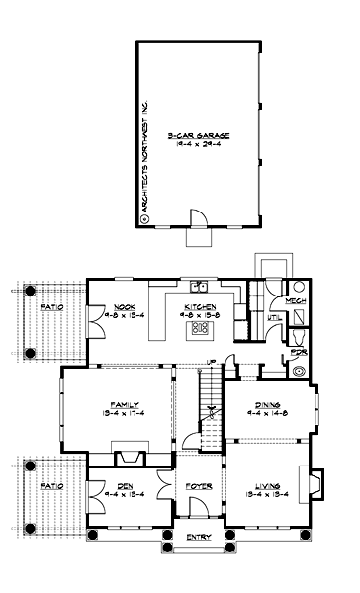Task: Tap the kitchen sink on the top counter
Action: tap(198, 287)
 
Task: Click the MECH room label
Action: tap(294, 300)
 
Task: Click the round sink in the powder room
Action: tap(300, 372)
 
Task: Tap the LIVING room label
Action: tap(264, 485)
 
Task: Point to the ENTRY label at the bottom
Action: tap(199, 537)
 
